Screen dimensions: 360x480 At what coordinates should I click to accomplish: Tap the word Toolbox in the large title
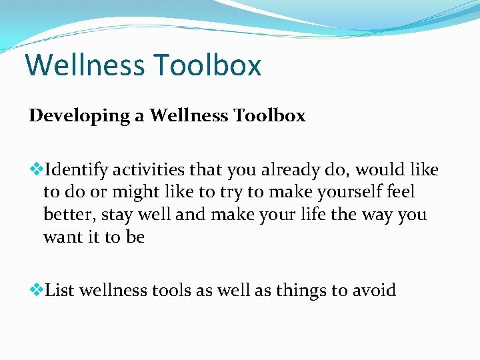click(207, 65)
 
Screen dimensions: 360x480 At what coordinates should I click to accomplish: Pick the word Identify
click(76, 171)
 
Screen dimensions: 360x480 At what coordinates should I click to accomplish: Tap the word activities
click(150, 171)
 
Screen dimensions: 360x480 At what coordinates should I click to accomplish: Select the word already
click(286, 171)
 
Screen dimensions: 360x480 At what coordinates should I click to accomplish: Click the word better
click(69, 215)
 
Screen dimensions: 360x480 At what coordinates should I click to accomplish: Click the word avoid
click(374, 290)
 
